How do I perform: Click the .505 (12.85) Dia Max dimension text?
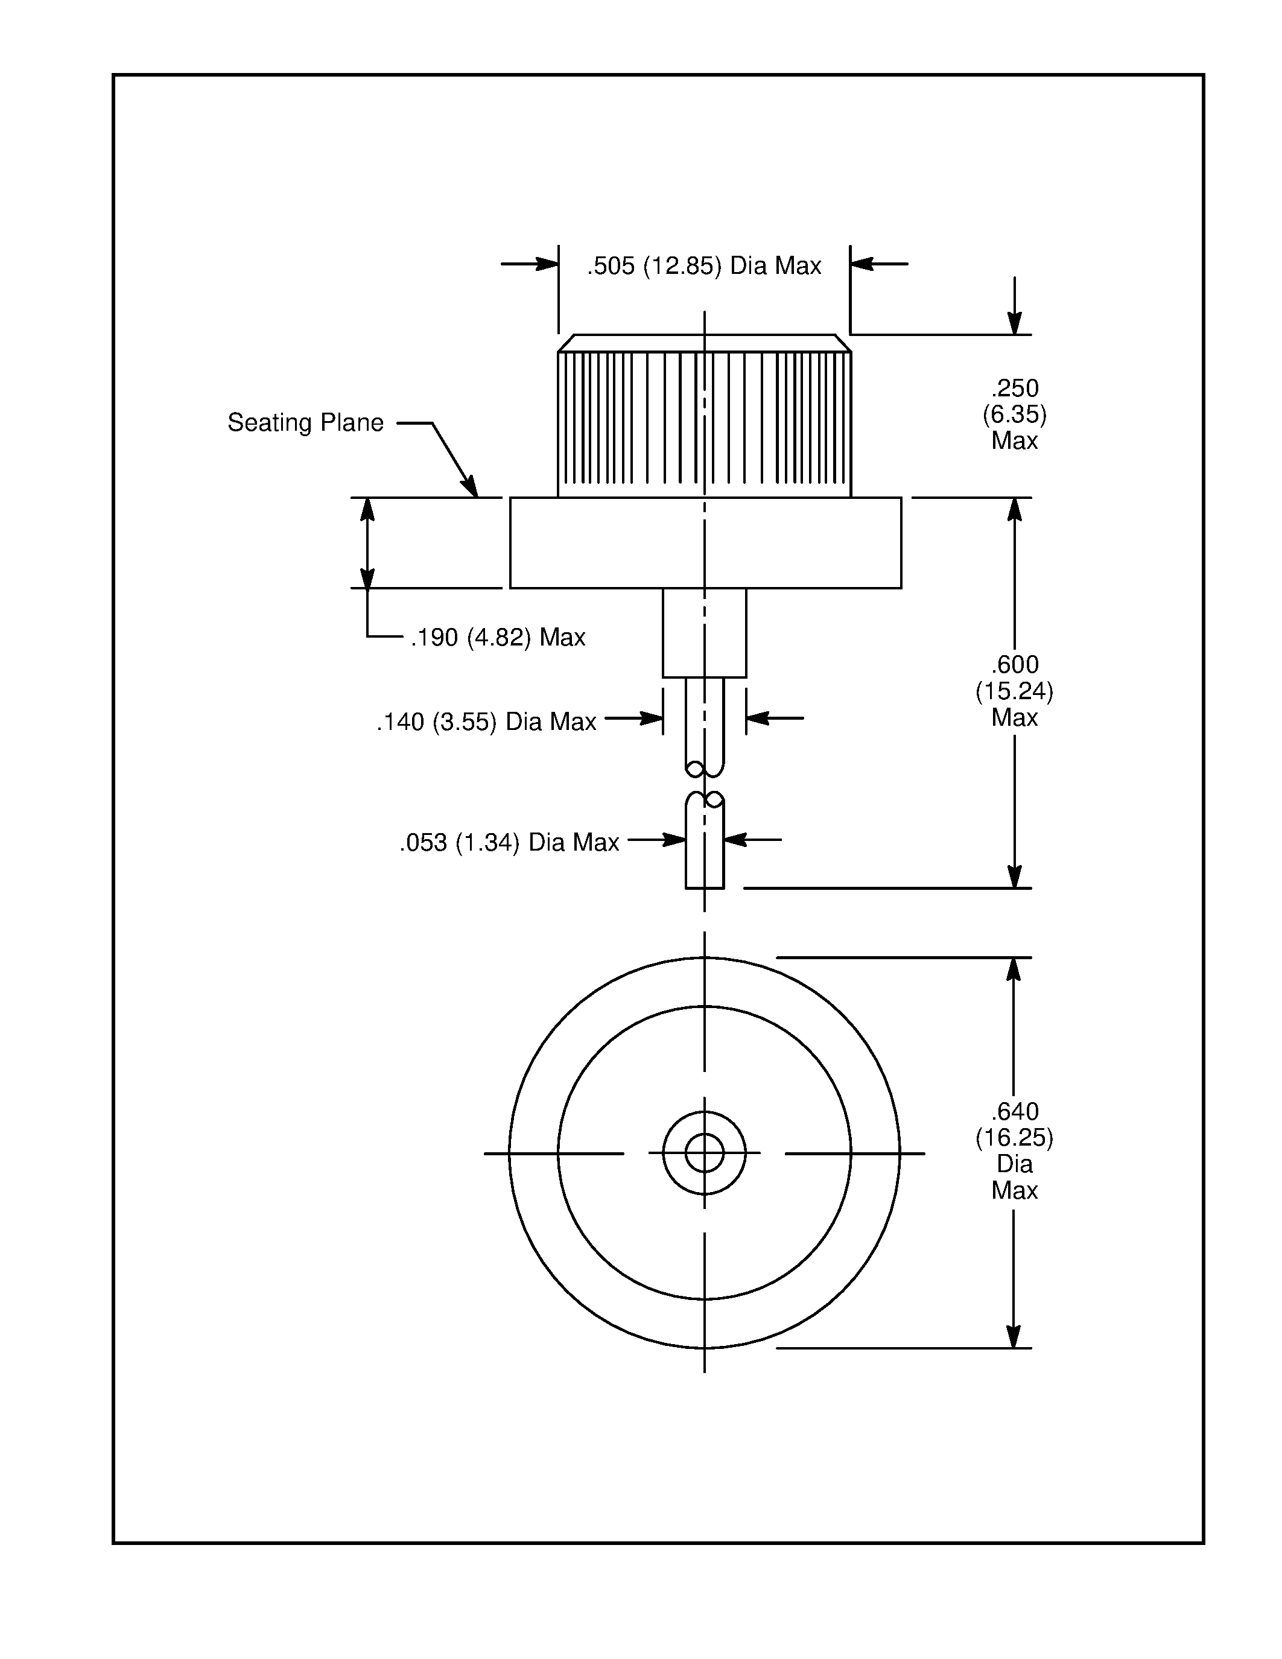tap(703, 266)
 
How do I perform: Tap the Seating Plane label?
tap(305, 422)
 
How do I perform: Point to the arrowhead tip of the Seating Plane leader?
tap(477, 496)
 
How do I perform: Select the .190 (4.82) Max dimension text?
tap(498, 636)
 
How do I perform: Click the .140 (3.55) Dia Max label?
tap(486, 721)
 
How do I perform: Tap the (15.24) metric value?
tap(1014, 691)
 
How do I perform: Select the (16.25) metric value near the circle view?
tap(1014, 1137)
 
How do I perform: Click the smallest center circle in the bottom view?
tap(704, 1153)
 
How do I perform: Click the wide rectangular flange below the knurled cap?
tap(705, 542)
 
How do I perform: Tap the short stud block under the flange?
tap(704, 632)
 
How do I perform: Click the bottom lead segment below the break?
tap(704, 851)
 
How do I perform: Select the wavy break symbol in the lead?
tap(704, 784)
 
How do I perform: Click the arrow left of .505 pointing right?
tap(532, 264)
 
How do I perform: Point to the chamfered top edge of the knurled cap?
tap(704, 343)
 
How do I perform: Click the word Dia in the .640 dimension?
tap(1014, 1164)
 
